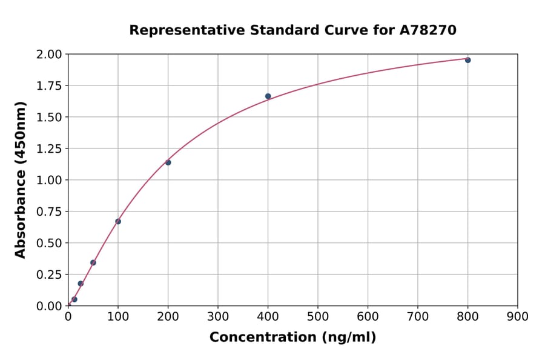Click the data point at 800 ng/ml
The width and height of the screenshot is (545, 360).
[467, 60]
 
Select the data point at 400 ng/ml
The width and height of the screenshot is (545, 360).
[268, 96]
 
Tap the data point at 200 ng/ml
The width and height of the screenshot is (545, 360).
[168, 162]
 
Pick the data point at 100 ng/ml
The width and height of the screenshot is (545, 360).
[118, 221]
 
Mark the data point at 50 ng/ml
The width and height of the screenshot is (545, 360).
[93, 262]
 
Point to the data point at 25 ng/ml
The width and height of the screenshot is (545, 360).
[81, 284]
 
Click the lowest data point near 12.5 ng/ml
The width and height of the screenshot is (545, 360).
[74, 299]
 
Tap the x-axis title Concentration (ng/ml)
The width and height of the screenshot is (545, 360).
[292, 338]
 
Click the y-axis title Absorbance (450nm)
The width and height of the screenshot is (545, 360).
[21, 180]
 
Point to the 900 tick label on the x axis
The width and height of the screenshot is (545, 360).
[517, 316]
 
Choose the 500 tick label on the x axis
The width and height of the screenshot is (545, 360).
[317, 316]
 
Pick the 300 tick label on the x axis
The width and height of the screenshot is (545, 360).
[217, 316]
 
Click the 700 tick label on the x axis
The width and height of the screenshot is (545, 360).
[417, 316]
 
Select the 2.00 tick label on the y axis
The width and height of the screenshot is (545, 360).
[50, 55]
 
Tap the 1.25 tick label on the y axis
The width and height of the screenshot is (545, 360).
[50, 148]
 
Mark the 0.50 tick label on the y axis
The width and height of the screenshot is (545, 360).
[50, 243]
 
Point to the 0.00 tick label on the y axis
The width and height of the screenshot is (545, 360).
[50, 306]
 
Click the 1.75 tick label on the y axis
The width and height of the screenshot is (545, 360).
[50, 86]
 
